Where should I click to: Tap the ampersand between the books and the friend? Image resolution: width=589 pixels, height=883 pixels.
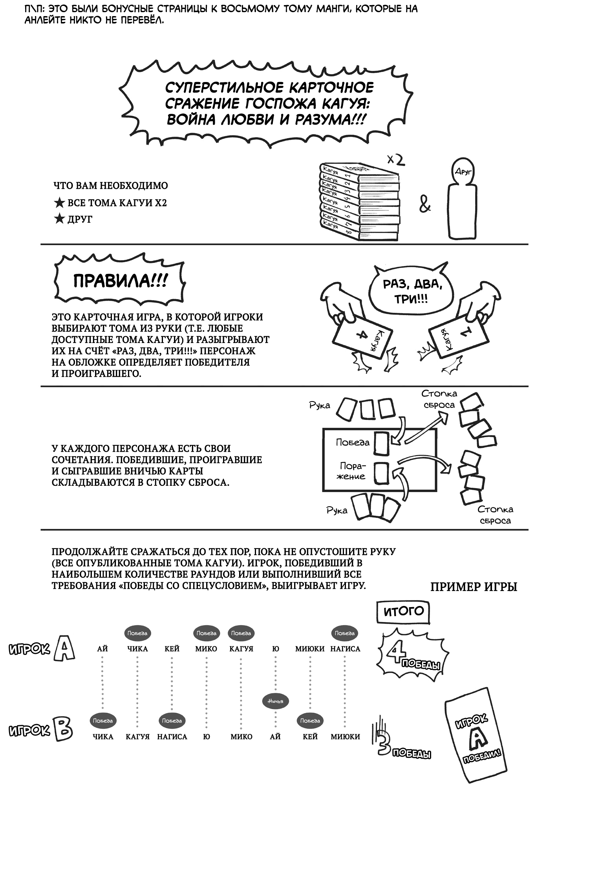click(425, 204)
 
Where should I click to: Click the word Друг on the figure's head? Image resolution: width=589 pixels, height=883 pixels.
click(464, 171)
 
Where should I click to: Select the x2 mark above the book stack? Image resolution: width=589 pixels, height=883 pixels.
click(395, 160)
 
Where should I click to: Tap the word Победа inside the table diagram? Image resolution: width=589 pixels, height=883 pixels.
click(353, 443)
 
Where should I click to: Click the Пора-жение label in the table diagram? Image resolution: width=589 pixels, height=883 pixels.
click(352, 471)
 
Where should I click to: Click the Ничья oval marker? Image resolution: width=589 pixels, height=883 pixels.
click(275, 701)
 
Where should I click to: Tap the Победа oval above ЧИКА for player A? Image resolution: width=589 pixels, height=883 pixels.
click(137, 633)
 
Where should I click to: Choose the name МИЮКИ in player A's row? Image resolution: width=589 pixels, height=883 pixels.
click(310, 649)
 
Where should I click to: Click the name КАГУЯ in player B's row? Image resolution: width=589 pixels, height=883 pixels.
click(137, 737)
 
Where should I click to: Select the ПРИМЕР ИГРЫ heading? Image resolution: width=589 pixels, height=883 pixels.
click(474, 587)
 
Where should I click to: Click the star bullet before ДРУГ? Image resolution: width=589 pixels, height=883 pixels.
click(59, 219)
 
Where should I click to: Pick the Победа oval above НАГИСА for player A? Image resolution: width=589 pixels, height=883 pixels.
click(345, 633)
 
